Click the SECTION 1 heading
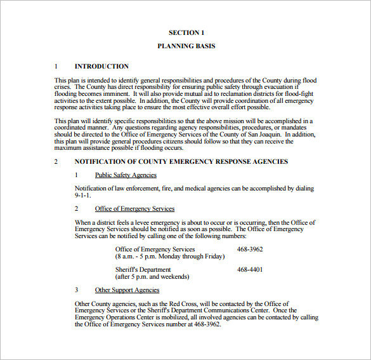(186, 32)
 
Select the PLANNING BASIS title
(186, 46)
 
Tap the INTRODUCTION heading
(101, 66)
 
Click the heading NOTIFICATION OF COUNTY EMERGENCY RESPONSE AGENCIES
(181, 162)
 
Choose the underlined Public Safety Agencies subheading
(126, 175)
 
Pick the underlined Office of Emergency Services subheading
(134, 209)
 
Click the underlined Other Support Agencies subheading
(127, 290)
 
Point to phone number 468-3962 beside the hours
(250, 250)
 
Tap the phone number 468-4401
(250, 270)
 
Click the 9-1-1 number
(83, 196)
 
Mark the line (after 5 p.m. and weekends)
(153, 277)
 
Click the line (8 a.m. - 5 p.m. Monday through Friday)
(170, 257)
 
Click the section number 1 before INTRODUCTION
(56, 66)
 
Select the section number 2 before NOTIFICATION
(56, 162)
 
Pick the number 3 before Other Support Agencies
(77, 290)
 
